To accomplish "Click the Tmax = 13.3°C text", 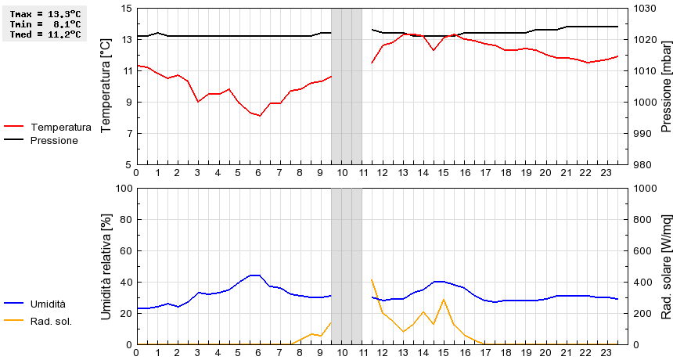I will click(x=44, y=14).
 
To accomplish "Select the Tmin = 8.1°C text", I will click(x=44, y=24).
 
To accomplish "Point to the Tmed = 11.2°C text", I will click(x=44, y=34).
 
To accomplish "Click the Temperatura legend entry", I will click(x=60, y=127).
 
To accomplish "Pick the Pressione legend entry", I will click(x=53, y=140).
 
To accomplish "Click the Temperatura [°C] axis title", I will click(x=106, y=86).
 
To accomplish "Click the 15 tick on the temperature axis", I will click(x=127, y=9).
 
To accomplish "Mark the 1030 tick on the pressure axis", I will click(x=646, y=9).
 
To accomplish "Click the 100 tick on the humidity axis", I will click(x=124, y=189).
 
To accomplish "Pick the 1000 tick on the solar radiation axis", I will click(x=646, y=189).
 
